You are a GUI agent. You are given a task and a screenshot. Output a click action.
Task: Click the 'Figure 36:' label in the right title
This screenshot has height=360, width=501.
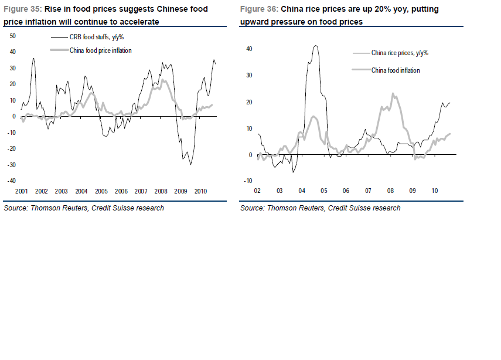tap(258, 10)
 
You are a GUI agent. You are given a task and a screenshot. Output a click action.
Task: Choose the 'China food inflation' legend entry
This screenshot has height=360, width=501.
tap(396, 70)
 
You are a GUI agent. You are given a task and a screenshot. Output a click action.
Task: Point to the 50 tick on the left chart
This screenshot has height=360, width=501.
tap(13, 36)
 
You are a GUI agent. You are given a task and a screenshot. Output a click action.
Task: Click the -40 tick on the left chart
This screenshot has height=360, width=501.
tap(12, 181)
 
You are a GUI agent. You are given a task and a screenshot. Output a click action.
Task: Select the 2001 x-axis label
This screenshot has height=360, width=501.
tap(22, 192)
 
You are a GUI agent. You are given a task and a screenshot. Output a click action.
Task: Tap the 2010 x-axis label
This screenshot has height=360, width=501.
tap(201, 192)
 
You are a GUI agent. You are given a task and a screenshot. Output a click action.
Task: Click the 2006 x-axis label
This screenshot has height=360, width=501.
tap(121, 192)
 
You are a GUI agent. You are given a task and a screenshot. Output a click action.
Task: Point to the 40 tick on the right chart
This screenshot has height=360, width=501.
tap(248, 49)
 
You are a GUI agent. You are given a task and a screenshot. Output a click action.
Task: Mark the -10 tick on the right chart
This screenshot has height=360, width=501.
tap(248, 181)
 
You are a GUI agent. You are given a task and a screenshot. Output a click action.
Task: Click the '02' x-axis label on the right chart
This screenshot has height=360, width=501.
tap(257, 191)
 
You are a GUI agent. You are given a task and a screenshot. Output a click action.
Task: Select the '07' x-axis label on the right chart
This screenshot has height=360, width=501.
tap(368, 191)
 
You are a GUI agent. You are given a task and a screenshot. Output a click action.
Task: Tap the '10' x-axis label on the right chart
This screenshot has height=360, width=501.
tap(434, 191)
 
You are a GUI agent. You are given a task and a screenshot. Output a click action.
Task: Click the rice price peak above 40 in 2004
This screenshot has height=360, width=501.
tap(316, 46)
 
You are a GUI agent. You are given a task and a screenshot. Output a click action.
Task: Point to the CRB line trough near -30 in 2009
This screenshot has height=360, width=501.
tap(190, 164)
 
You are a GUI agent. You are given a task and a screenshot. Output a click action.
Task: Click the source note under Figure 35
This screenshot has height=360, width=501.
tap(84, 208)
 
